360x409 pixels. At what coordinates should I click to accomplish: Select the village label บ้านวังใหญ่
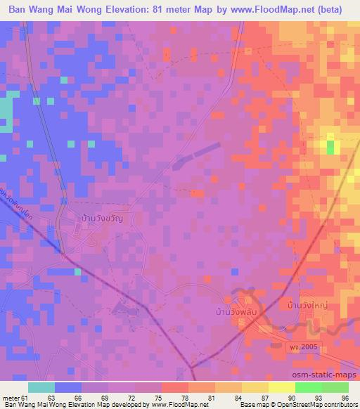(309, 306)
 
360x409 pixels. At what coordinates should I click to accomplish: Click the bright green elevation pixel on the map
(330, 146)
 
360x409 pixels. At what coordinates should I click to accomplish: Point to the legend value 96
(344, 396)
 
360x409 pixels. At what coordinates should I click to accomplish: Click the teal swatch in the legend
(41, 387)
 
